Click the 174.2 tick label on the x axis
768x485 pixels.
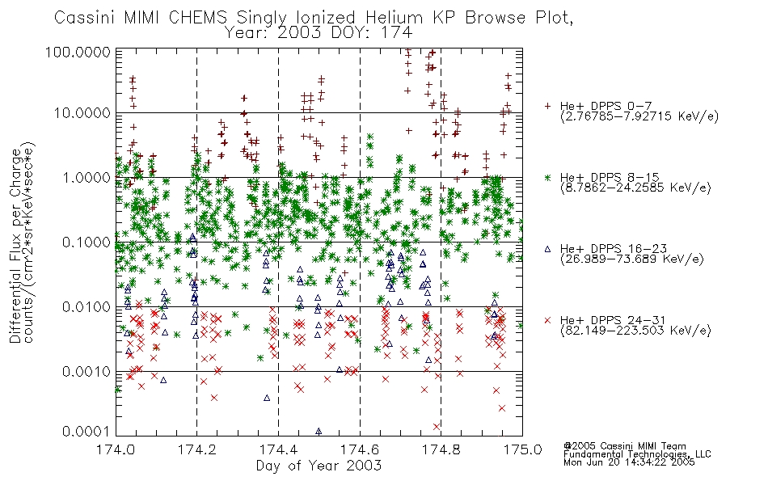tap(196, 449)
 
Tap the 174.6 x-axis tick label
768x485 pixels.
tap(360, 449)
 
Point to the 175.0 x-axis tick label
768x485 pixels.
tap(522, 449)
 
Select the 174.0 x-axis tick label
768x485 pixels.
tap(116, 449)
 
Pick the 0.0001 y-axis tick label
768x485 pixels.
tap(89, 432)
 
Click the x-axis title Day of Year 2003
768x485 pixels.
tap(319, 466)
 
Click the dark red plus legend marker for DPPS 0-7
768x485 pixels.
tap(548, 106)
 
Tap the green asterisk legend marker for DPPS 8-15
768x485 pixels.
tap(548, 176)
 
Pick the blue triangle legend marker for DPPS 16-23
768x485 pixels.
tap(548, 248)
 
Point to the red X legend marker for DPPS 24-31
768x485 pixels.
tap(548, 320)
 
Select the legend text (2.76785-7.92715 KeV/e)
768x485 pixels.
tap(639, 116)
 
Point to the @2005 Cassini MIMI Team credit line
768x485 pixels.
tap(624, 445)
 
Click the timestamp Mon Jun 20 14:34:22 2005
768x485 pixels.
tap(629, 463)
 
